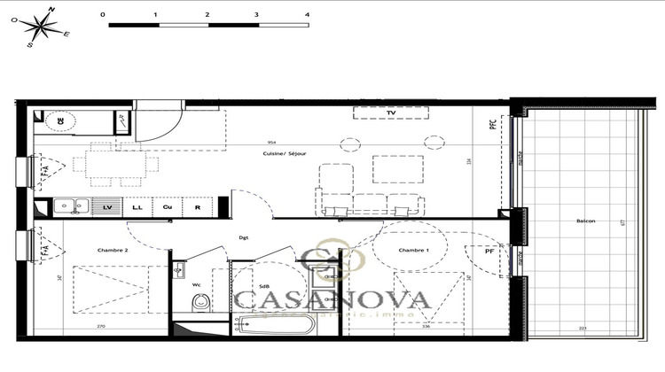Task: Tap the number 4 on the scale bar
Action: tap(308, 15)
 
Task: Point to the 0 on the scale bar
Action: tap(104, 15)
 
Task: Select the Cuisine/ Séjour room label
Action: tap(286, 154)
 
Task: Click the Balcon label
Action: tap(586, 221)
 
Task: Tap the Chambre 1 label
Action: tap(412, 250)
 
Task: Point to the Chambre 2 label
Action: tap(113, 250)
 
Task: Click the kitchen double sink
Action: tap(70, 206)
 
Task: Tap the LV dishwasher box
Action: tap(107, 206)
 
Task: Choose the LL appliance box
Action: tap(137, 206)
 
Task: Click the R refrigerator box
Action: tap(197, 206)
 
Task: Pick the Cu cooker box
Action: tap(167, 206)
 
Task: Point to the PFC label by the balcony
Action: tap(493, 127)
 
